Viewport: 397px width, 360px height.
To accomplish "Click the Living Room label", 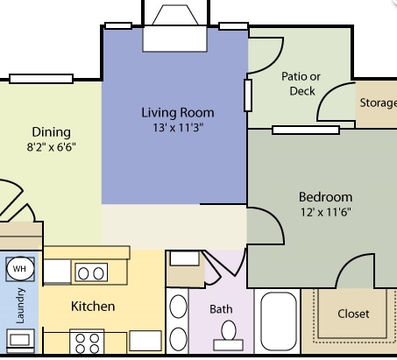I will tap(178, 113).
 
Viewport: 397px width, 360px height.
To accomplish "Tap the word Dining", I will tap(51, 132).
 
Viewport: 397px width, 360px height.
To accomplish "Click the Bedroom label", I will tap(325, 197).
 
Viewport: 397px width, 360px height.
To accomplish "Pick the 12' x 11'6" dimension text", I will tap(325, 212).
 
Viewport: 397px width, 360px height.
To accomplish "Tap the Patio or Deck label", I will tap(301, 83).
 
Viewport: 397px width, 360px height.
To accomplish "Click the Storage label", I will tap(378, 102).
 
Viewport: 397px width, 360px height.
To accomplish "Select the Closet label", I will tap(353, 313).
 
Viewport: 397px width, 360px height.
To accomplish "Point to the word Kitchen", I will tap(93, 307).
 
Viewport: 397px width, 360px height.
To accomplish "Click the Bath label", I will tap(221, 309).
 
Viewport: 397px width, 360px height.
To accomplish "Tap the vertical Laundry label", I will tap(20, 307).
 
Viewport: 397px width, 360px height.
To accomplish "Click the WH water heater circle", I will tap(20, 269).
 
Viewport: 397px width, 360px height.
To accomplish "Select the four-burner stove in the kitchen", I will tap(88, 341).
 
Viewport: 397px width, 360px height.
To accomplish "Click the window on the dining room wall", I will tap(40, 79).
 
